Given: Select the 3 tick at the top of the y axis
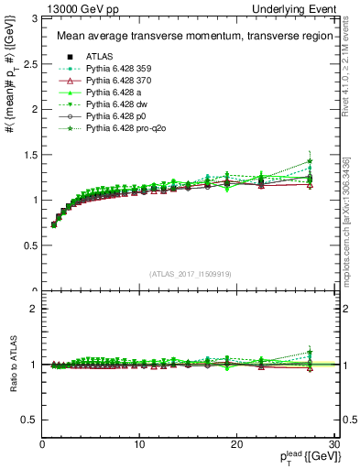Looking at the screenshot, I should (x=35, y=18).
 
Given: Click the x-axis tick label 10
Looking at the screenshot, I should (x=139, y=444).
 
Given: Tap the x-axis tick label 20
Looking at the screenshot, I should (x=236, y=444).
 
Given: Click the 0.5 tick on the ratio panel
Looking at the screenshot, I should (x=30, y=420).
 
